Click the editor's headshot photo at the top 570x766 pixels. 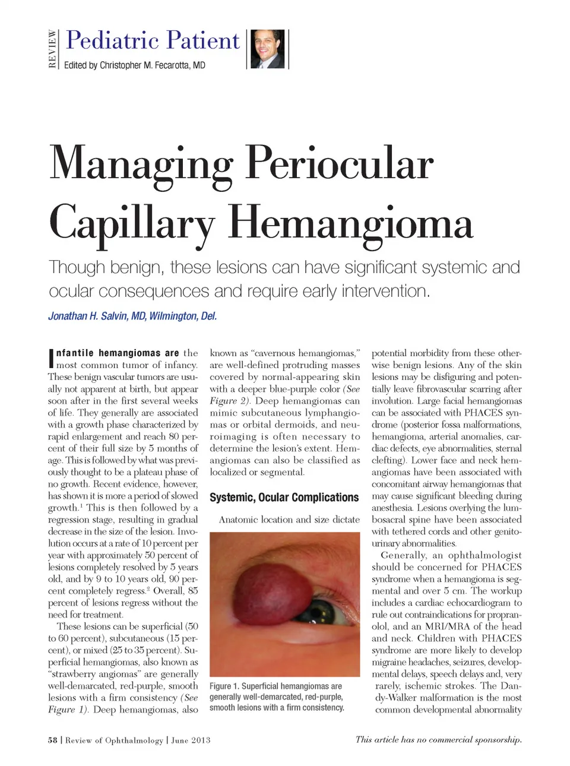click(x=267, y=49)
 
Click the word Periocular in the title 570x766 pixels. click(x=339, y=163)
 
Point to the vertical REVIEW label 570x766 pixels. click(x=52, y=49)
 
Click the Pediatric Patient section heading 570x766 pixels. click(x=153, y=40)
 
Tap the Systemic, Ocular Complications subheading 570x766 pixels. click(x=284, y=498)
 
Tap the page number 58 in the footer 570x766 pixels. click(x=53, y=740)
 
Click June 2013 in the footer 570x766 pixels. click(x=191, y=740)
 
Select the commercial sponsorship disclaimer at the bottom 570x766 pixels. click(x=438, y=739)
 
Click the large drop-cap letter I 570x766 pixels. click(x=51, y=357)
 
